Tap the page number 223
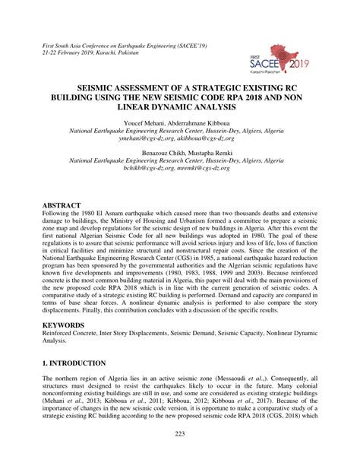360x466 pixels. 180,455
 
